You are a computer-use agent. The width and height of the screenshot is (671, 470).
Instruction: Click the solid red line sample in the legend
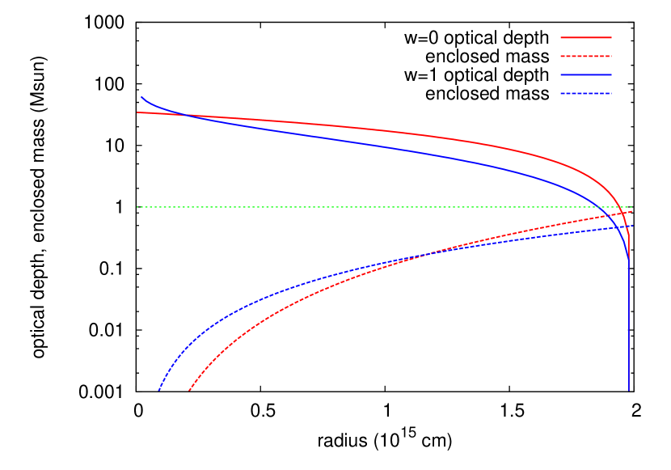[x=586, y=37]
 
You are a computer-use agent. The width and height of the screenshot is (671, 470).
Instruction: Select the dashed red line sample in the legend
[x=586, y=57]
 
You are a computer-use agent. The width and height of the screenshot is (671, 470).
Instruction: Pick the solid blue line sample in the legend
[x=586, y=74]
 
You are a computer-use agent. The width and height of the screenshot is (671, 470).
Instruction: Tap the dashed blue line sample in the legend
[x=586, y=94]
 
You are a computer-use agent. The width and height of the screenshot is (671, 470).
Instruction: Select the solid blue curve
[x=364, y=144]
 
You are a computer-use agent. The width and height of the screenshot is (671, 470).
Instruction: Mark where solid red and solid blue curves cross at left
[x=184, y=115]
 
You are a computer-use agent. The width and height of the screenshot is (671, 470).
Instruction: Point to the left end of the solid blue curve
[x=141, y=97]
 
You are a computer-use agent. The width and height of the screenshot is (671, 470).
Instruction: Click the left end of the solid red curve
[x=137, y=112]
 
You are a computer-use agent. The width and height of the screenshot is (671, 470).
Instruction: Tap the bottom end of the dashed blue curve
[x=159, y=390]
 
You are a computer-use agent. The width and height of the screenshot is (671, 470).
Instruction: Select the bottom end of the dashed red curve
[x=189, y=390]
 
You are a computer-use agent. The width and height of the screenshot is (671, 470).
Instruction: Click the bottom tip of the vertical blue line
[x=629, y=391]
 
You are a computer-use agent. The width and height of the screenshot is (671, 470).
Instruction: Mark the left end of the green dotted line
[x=137, y=207]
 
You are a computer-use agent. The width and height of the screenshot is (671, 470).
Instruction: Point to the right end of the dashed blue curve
[x=631, y=226]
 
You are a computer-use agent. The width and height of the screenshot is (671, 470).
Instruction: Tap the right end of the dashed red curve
[x=631, y=211]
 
